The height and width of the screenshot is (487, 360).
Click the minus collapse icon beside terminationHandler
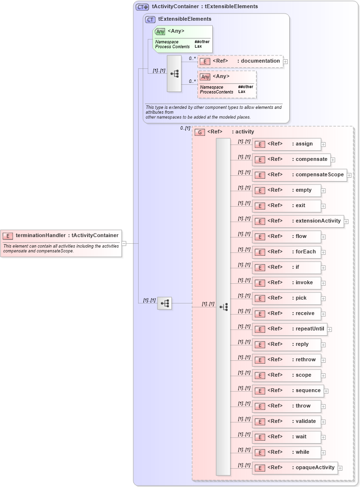pyautogui.click(x=124, y=243)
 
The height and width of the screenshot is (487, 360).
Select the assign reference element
pyautogui.click(x=286, y=144)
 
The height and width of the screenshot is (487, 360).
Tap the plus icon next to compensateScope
pyautogui.click(x=349, y=175)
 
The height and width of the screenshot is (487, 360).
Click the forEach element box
pyautogui.click(x=286, y=252)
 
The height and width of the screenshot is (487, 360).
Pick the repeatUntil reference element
pyautogui.click(x=289, y=329)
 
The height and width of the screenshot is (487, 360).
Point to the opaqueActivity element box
pyautogui.click(x=295, y=468)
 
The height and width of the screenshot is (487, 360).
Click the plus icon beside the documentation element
pyautogui.click(x=285, y=62)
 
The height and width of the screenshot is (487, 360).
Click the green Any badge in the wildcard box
pyautogui.click(x=160, y=32)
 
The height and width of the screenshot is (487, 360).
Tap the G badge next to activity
pyautogui.click(x=200, y=132)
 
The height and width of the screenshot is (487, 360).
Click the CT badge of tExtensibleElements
pyautogui.click(x=150, y=20)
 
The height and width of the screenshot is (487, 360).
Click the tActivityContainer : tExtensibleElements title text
pyautogui.click(x=205, y=7)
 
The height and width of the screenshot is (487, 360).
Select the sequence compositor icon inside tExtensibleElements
pyautogui.click(x=174, y=74)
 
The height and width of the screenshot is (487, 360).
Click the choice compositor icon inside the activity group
pyautogui.click(x=223, y=307)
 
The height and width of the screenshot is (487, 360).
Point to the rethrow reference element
pyautogui.click(x=286, y=360)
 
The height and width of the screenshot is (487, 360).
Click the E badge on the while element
pyautogui.click(x=260, y=452)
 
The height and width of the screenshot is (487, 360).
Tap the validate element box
pyautogui.click(x=286, y=421)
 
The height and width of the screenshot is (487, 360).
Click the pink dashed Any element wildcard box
pyautogui.click(x=227, y=84)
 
